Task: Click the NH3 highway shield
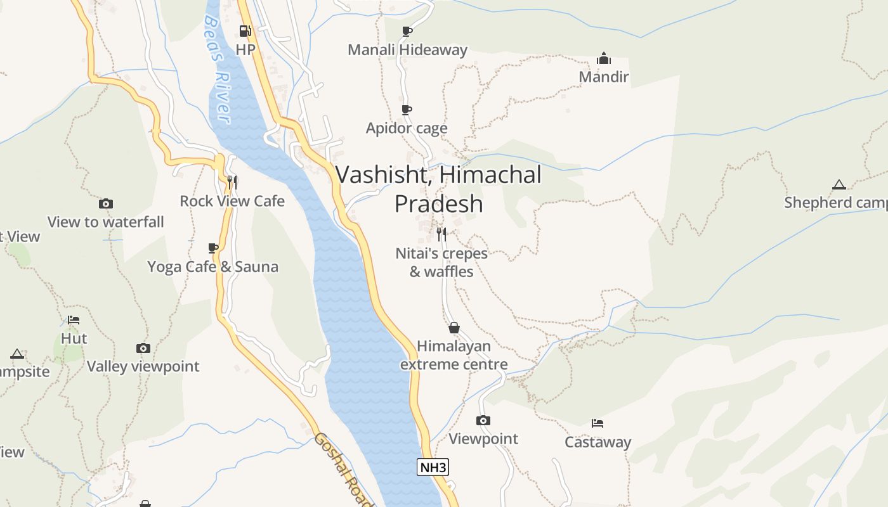click(433, 468)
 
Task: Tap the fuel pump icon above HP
click(245, 31)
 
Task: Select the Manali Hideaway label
click(407, 49)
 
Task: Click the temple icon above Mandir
click(603, 59)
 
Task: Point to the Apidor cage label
click(407, 128)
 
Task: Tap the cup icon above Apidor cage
click(407, 110)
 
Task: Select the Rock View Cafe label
click(232, 201)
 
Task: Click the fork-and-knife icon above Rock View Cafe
click(232, 183)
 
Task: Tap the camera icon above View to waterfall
click(106, 203)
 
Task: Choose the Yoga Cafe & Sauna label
click(212, 266)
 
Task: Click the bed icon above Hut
click(74, 320)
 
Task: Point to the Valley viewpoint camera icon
click(143, 348)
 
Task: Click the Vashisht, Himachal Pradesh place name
click(438, 189)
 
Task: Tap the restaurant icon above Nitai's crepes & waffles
click(441, 234)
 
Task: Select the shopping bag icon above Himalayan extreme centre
click(454, 328)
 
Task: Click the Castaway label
click(598, 442)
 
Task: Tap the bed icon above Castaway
click(597, 423)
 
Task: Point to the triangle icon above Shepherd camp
click(839, 184)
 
